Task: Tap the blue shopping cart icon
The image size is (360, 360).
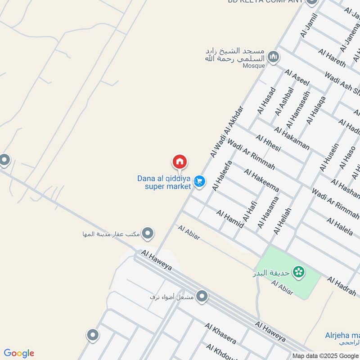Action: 199,182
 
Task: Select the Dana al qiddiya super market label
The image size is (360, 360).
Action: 164,182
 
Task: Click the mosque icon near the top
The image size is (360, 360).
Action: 273,57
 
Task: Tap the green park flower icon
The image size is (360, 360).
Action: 298,272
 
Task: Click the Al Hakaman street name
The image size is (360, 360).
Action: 292,138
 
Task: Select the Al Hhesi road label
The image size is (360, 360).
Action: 268,143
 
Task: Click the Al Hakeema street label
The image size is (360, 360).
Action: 261,180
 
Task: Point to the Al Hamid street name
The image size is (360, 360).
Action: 229,219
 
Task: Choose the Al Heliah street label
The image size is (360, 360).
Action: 282,220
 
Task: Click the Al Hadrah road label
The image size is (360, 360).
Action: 341,286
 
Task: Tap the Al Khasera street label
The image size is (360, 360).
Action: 220,333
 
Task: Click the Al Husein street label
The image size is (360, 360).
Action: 329,157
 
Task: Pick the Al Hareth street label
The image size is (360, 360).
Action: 332,58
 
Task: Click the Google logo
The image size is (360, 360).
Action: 19,353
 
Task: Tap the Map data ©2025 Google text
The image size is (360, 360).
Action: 326,355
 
